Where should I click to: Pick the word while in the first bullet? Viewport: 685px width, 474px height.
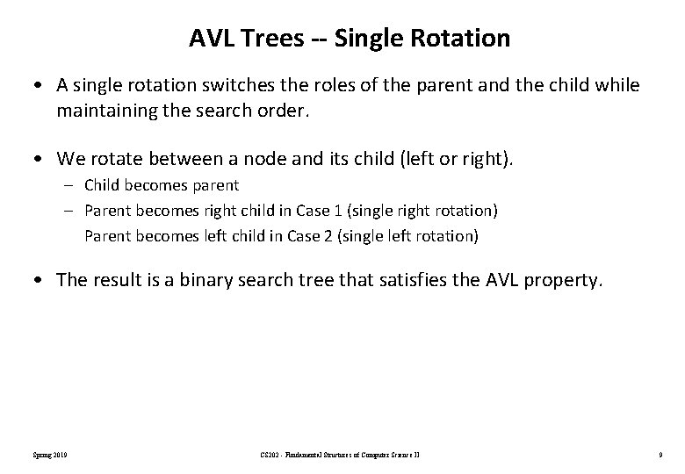coord(619,86)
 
